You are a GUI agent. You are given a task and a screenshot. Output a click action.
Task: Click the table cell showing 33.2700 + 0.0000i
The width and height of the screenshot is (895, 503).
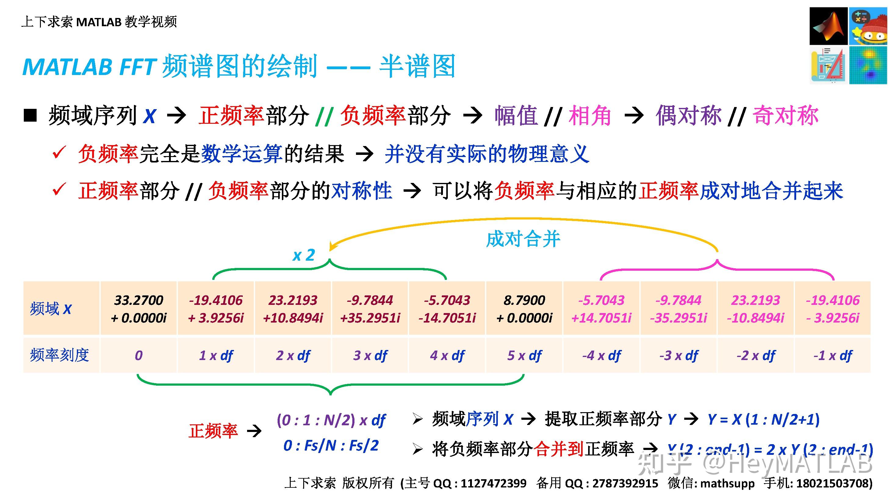(x=138, y=309)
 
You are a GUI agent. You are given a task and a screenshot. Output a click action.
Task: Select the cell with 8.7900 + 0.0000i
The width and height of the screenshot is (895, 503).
(x=524, y=309)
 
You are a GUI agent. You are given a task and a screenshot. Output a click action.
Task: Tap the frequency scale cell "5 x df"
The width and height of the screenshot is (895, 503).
(x=524, y=355)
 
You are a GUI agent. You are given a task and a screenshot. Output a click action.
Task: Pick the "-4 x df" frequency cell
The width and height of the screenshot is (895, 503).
(x=602, y=355)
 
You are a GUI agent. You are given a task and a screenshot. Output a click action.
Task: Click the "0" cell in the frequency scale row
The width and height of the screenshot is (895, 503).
(x=138, y=355)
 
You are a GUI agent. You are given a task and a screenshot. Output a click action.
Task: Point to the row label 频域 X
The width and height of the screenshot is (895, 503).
(x=51, y=309)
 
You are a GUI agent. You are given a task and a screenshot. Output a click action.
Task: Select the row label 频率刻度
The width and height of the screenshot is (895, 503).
(x=59, y=355)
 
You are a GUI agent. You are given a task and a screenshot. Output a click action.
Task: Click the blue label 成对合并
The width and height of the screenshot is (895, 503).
(x=523, y=239)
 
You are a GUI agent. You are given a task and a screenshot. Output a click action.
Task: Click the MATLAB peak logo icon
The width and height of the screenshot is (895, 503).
(x=828, y=26)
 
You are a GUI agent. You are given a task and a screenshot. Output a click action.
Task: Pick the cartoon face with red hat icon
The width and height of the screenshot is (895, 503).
(x=868, y=26)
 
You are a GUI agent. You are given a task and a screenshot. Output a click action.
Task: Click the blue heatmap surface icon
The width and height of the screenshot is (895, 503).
(x=868, y=65)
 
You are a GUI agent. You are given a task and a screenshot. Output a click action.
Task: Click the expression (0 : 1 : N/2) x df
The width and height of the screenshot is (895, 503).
(x=331, y=420)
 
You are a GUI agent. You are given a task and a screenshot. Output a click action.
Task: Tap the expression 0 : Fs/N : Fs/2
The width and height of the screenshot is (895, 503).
(x=331, y=445)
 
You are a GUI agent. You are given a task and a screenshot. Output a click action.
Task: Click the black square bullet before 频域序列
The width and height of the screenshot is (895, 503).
(x=30, y=116)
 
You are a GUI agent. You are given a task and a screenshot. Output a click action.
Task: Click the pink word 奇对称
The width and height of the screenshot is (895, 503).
(x=785, y=116)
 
